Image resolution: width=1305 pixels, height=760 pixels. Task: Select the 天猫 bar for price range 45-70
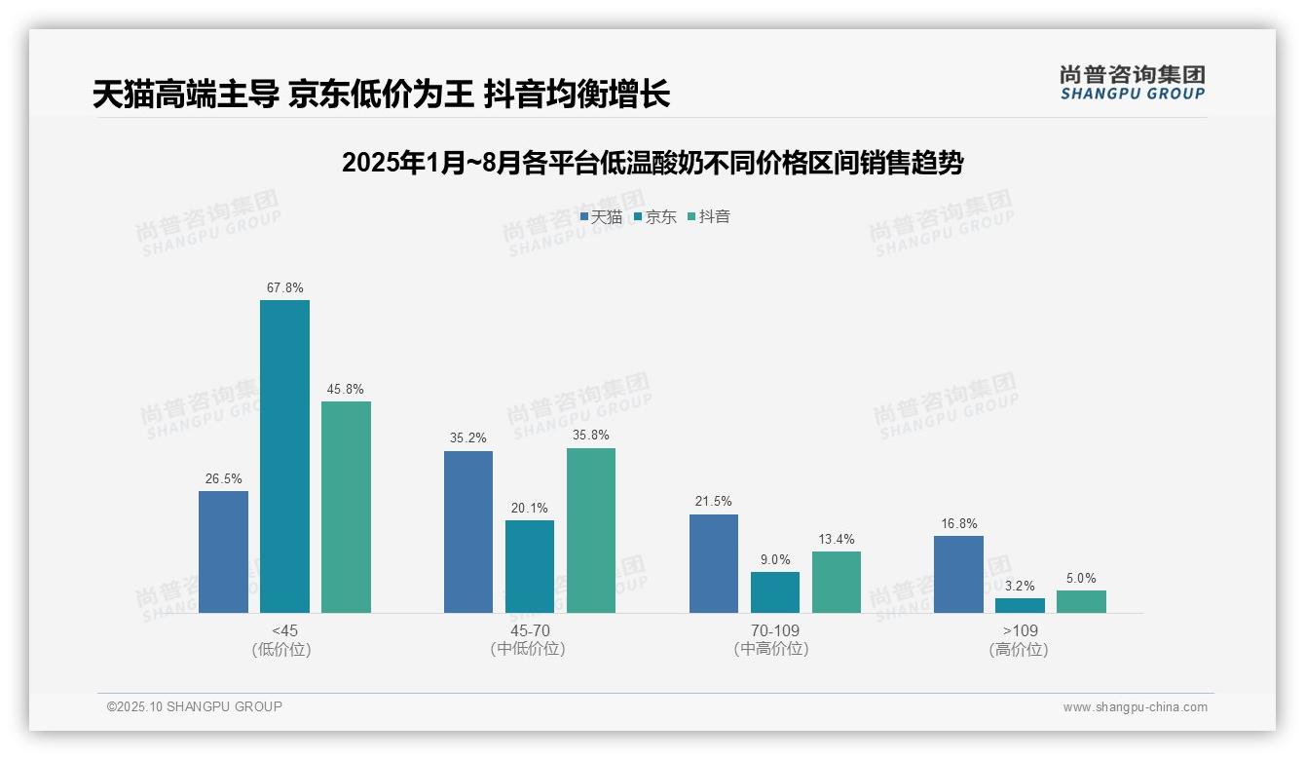click(468, 532)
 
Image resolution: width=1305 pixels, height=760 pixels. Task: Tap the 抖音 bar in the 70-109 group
click(837, 582)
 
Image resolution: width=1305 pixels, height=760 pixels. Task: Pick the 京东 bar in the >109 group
click(1020, 605)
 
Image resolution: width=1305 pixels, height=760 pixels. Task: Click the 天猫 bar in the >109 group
click(958, 574)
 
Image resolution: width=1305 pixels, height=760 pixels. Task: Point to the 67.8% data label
click(284, 288)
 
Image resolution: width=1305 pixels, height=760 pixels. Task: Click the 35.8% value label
click(591, 436)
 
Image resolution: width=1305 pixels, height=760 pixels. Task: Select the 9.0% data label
click(775, 559)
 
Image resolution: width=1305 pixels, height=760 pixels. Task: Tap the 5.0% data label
click(1081, 578)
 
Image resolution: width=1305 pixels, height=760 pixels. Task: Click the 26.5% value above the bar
click(223, 478)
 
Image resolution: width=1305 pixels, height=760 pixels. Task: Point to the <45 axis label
click(284, 630)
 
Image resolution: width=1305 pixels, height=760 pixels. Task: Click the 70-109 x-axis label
click(775, 630)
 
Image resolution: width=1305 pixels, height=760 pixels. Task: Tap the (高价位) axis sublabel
click(1020, 650)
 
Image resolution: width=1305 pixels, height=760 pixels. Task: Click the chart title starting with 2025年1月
click(652, 163)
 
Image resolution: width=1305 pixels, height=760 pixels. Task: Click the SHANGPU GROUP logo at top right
click(1132, 83)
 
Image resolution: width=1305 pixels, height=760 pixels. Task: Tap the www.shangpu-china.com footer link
click(1135, 707)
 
